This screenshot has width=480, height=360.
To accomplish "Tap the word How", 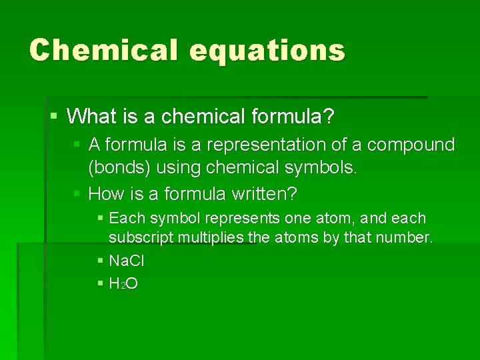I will click(105, 194).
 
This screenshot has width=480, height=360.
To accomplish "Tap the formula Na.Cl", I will click(127, 261).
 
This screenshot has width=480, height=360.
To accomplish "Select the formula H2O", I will click(123, 283).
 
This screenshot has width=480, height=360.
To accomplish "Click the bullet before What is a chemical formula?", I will click(53, 117).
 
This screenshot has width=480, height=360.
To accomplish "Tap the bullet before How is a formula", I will click(77, 195).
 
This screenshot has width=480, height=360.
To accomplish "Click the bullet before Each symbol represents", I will click(100, 219).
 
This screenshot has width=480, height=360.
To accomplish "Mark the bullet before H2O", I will click(100, 284).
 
